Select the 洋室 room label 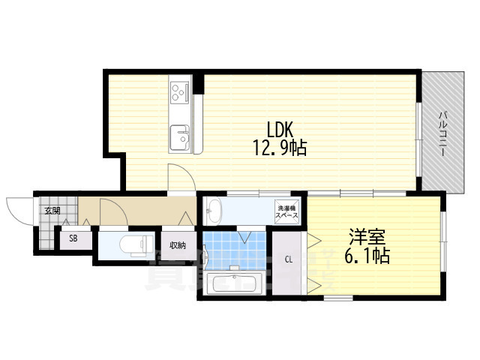coord(367,236)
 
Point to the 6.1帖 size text coord(367,256)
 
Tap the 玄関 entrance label coord(51,211)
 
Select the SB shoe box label coord(73,238)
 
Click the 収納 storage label coord(177,245)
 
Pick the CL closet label coord(289,260)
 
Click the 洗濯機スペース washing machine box coord(289,211)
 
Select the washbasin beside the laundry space coord(214,211)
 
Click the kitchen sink coord(181,137)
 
